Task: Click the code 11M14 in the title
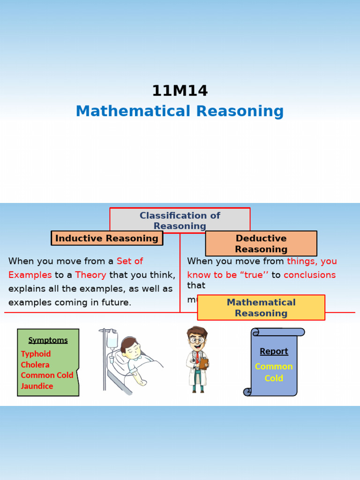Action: [x=180, y=90]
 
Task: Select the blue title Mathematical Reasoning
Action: [x=180, y=112]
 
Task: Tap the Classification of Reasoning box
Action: [x=180, y=220]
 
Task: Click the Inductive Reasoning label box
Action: [x=107, y=238]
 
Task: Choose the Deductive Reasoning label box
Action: [x=261, y=244]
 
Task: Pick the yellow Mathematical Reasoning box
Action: [x=261, y=307]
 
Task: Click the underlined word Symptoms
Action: [x=48, y=340]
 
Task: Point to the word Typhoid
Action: [x=36, y=354]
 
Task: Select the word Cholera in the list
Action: [x=35, y=365]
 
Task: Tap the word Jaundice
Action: [x=37, y=386]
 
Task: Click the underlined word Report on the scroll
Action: [x=274, y=352]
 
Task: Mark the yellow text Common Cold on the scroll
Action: [x=274, y=372]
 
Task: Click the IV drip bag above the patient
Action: [x=112, y=338]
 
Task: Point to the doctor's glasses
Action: [x=197, y=339]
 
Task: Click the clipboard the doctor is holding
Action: [x=203, y=364]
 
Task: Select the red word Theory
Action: [x=90, y=275]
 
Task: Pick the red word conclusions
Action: [x=309, y=275]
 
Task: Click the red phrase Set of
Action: [x=130, y=261]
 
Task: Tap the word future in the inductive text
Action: [x=115, y=302]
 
